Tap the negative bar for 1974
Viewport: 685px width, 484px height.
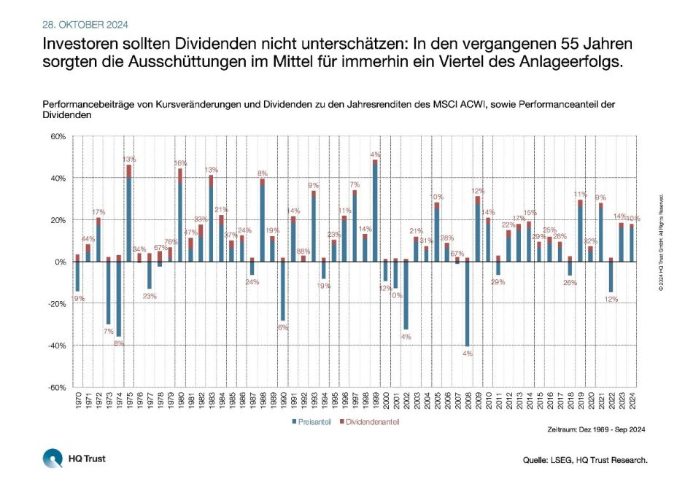118,298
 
